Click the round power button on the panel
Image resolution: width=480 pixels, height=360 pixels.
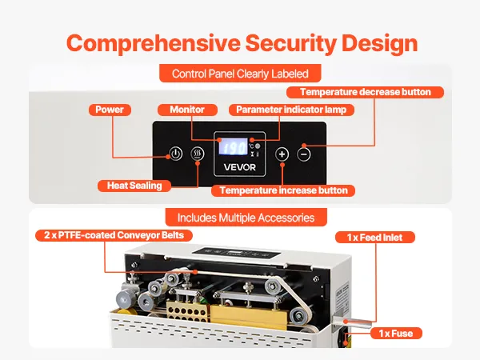point(176,154)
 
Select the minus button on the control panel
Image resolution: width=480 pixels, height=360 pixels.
point(303,154)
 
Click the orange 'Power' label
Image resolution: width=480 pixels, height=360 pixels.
point(110,110)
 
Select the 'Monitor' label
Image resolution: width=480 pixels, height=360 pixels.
point(186,110)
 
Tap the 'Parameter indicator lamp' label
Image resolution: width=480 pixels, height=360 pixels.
point(290,110)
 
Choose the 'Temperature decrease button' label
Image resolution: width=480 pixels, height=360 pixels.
point(370,92)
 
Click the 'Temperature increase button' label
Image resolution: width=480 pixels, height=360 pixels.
point(284,190)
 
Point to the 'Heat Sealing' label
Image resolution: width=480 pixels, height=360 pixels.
point(134,186)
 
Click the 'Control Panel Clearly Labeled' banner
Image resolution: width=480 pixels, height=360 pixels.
point(240,74)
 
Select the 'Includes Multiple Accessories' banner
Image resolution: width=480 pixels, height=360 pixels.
point(240,217)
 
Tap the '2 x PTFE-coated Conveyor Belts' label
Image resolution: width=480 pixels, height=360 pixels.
point(105,235)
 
